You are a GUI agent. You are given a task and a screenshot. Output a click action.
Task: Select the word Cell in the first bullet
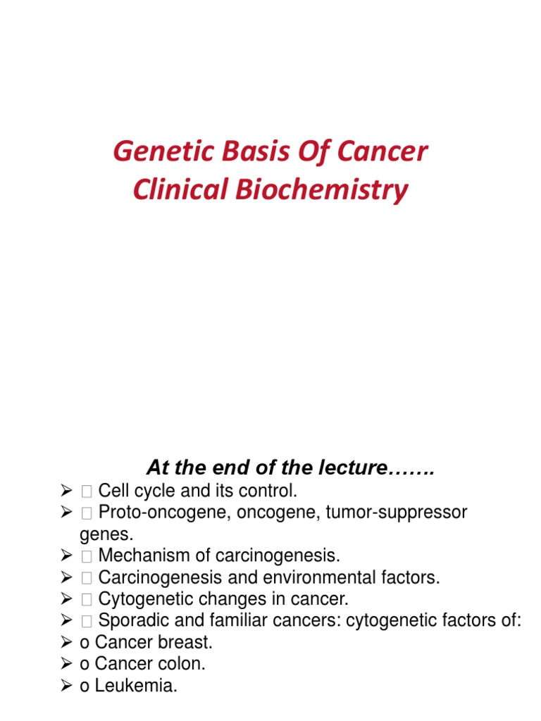(x=112, y=490)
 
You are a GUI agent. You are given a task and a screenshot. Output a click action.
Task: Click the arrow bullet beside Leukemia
(x=67, y=686)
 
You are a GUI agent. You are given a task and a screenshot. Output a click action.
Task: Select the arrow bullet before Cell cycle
(x=67, y=490)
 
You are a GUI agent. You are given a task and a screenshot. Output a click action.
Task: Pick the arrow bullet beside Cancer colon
(x=67, y=664)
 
